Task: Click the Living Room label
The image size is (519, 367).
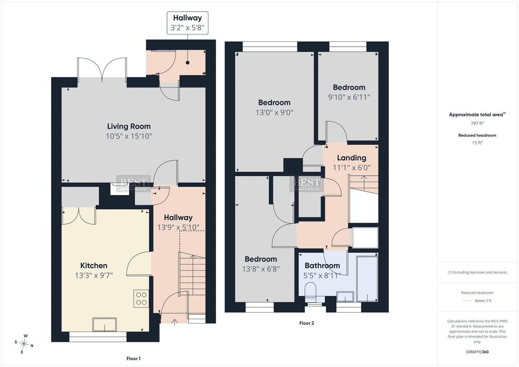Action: [129, 126]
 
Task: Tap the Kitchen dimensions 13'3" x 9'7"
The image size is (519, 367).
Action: [93, 276]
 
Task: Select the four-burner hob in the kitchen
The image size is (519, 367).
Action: [141, 298]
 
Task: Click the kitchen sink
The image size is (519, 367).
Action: [104, 325]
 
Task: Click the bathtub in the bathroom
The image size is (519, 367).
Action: [367, 279]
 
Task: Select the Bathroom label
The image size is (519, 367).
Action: [322, 265]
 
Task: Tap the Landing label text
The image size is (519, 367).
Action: [351, 158]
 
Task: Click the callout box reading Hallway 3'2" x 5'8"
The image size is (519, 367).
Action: [187, 23]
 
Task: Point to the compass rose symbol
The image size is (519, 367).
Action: [24, 344]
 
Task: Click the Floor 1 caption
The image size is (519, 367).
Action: [134, 359]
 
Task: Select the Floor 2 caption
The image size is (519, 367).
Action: [307, 323]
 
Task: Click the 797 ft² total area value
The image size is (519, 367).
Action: [477, 123]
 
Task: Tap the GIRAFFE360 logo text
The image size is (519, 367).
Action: [477, 352]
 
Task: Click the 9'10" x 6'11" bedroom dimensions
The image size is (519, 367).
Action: [349, 97]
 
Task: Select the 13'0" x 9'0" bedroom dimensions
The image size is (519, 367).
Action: [274, 112]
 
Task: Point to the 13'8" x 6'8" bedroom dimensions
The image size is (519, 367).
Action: [261, 269]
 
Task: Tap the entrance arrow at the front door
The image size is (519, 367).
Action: [174, 322]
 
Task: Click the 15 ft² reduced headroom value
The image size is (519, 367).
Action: [477, 143]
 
